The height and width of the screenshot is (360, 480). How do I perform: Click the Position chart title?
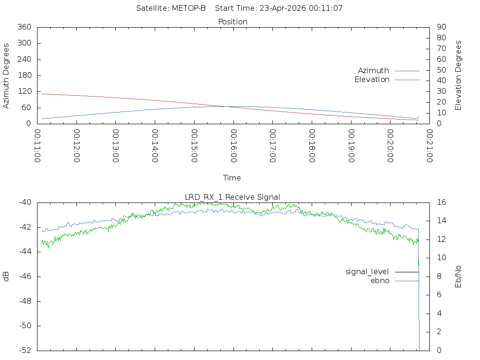233,22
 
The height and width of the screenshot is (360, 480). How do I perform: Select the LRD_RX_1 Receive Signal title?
233,197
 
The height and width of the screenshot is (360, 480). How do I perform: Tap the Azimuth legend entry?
374,70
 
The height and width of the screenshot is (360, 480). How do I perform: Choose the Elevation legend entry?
372,80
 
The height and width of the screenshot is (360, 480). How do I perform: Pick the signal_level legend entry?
367,271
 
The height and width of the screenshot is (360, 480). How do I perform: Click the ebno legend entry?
380,280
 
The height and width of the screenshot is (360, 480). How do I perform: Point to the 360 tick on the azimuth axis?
24,27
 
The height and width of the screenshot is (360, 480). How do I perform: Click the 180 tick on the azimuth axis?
24,75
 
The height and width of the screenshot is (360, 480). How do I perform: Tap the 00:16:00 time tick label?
233,146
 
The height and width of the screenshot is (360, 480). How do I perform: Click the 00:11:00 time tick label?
37,146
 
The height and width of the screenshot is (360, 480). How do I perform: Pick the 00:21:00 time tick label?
429,146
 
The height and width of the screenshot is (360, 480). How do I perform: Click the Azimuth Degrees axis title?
7,75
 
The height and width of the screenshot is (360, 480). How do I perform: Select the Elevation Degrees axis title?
458,75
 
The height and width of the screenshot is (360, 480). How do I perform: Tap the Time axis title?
232,178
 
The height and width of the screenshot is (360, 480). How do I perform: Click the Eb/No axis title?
458,277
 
